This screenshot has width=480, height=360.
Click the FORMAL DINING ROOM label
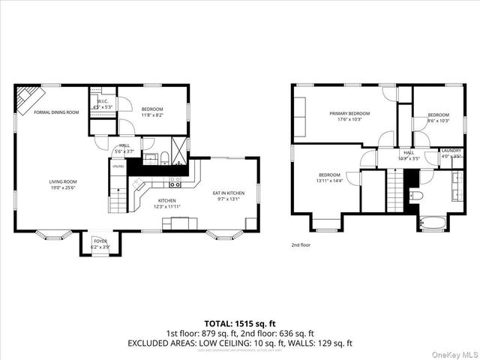pyautogui.click(x=56, y=112)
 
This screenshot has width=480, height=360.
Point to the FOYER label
pyautogui.click(x=100, y=241)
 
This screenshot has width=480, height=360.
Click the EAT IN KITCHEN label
pyautogui.click(x=229, y=193)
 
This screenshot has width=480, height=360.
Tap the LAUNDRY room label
pyautogui.click(x=451, y=151)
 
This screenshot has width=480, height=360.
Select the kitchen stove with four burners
pyautogui.click(x=175, y=181)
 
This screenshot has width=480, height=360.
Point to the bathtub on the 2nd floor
pyautogui.click(x=433, y=222)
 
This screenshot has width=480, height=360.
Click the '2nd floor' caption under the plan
pyautogui.click(x=301, y=245)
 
